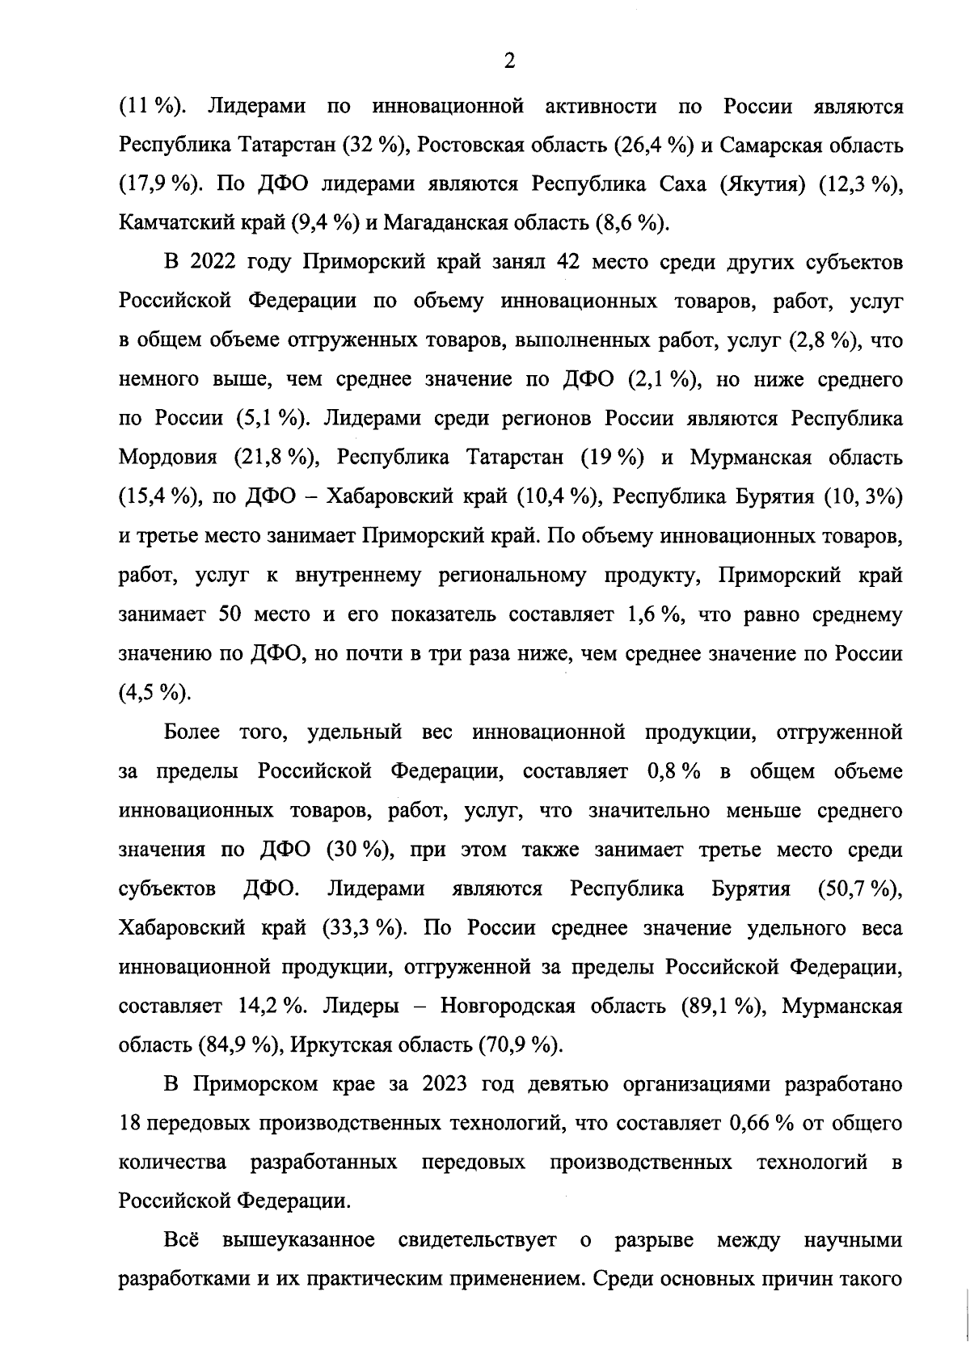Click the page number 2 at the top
coord(508,61)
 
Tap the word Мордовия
coord(168,458)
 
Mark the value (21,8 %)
coord(274,458)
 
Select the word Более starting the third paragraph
coord(192,732)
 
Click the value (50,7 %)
coord(860,888)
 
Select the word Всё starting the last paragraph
coord(181,1240)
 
